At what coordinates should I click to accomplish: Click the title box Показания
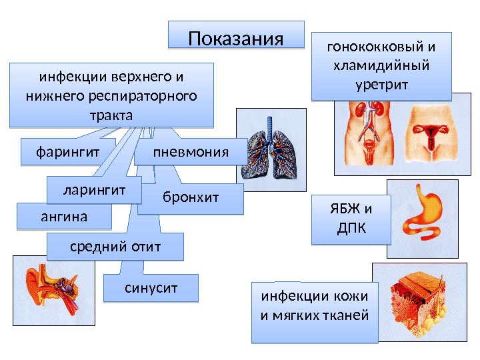[x=236, y=35]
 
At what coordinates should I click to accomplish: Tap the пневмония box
[x=191, y=152]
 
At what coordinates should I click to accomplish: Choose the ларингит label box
[x=94, y=189]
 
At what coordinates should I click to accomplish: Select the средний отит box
[x=115, y=247]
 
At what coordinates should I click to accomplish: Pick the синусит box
[x=152, y=287]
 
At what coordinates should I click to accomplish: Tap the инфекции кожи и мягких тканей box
[x=314, y=312]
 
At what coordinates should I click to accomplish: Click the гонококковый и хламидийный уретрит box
[x=382, y=66]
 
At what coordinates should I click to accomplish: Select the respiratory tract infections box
[x=111, y=95]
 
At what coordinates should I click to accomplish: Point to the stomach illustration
[x=422, y=217]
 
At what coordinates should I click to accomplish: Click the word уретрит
[x=382, y=85]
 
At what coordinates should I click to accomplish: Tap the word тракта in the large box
[x=111, y=115]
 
